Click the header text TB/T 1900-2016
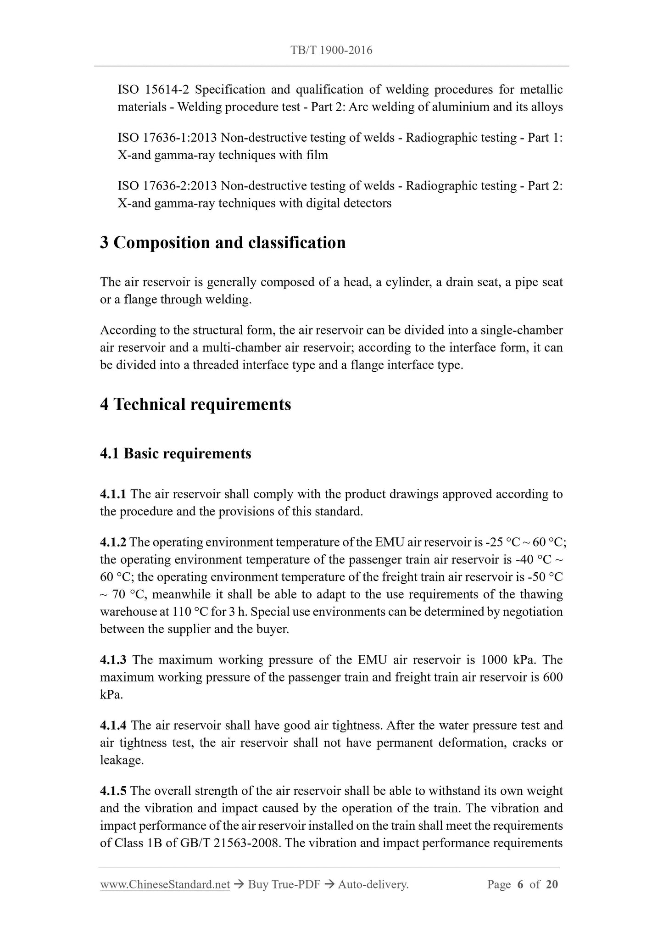tap(331, 50)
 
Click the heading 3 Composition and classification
tap(223, 243)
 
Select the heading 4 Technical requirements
tap(195, 404)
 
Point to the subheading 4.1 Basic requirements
tap(176, 453)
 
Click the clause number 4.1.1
tap(113, 494)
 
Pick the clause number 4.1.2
tap(113, 542)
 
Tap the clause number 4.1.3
tap(113, 660)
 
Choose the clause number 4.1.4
tap(113, 726)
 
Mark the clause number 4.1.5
tap(113, 791)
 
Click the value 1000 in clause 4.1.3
tap(493, 660)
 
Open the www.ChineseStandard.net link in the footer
tap(165, 884)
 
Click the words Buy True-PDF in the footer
tap(284, 884)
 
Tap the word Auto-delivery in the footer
tap(373, 884)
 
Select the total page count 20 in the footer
tap(552, 884)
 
